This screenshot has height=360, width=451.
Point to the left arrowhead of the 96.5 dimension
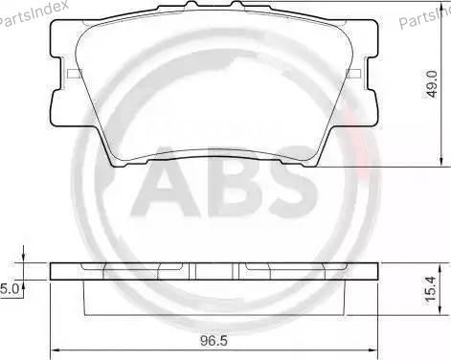[55, 347]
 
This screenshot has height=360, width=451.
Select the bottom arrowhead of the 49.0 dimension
[440, 164]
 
